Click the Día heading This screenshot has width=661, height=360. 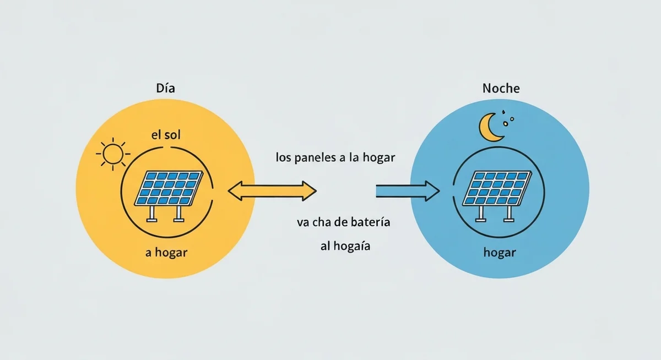point(166,88)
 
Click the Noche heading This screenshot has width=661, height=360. point(501,88)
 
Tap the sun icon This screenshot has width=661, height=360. point(113,154)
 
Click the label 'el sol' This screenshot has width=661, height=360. point(166,135)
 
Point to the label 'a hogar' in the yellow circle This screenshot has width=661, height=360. point(166,253)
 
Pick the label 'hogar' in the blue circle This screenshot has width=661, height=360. point(500,253)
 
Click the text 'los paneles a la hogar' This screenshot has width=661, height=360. point(335,157)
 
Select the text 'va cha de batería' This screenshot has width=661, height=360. point(344,222)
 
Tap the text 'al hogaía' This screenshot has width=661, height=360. point(345,246)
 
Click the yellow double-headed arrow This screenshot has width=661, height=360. point(272,191)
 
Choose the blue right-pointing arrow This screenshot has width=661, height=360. point(408,191)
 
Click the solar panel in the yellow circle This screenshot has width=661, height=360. point(169,196)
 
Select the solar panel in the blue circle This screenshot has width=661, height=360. point(497,196)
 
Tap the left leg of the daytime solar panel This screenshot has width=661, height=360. point(152,214)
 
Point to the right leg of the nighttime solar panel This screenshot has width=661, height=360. point(508,214)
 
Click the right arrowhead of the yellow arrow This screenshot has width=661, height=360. point(309,191)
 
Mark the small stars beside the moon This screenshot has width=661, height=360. point(508,119)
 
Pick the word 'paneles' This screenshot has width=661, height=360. point(316,158)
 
